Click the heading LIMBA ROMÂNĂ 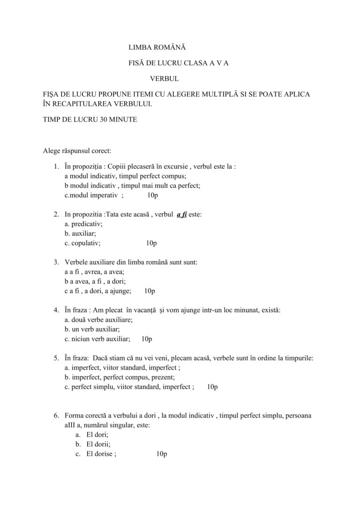[x=157, y=48]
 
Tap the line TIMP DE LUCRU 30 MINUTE [x=90, y=120]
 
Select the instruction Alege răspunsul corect [x=77, y=151]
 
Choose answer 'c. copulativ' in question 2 [x=82, y=243]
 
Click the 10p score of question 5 [x=212, y=387]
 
